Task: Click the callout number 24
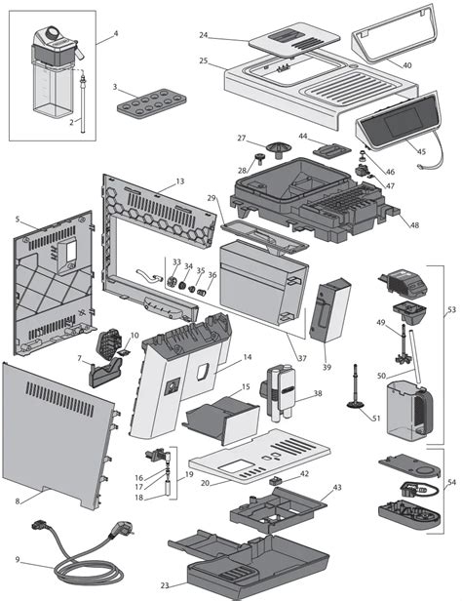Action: coord(204,35)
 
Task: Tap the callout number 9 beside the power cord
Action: coord(18,559)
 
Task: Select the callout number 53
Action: coord(449,310)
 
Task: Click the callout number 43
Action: coord(337,486)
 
